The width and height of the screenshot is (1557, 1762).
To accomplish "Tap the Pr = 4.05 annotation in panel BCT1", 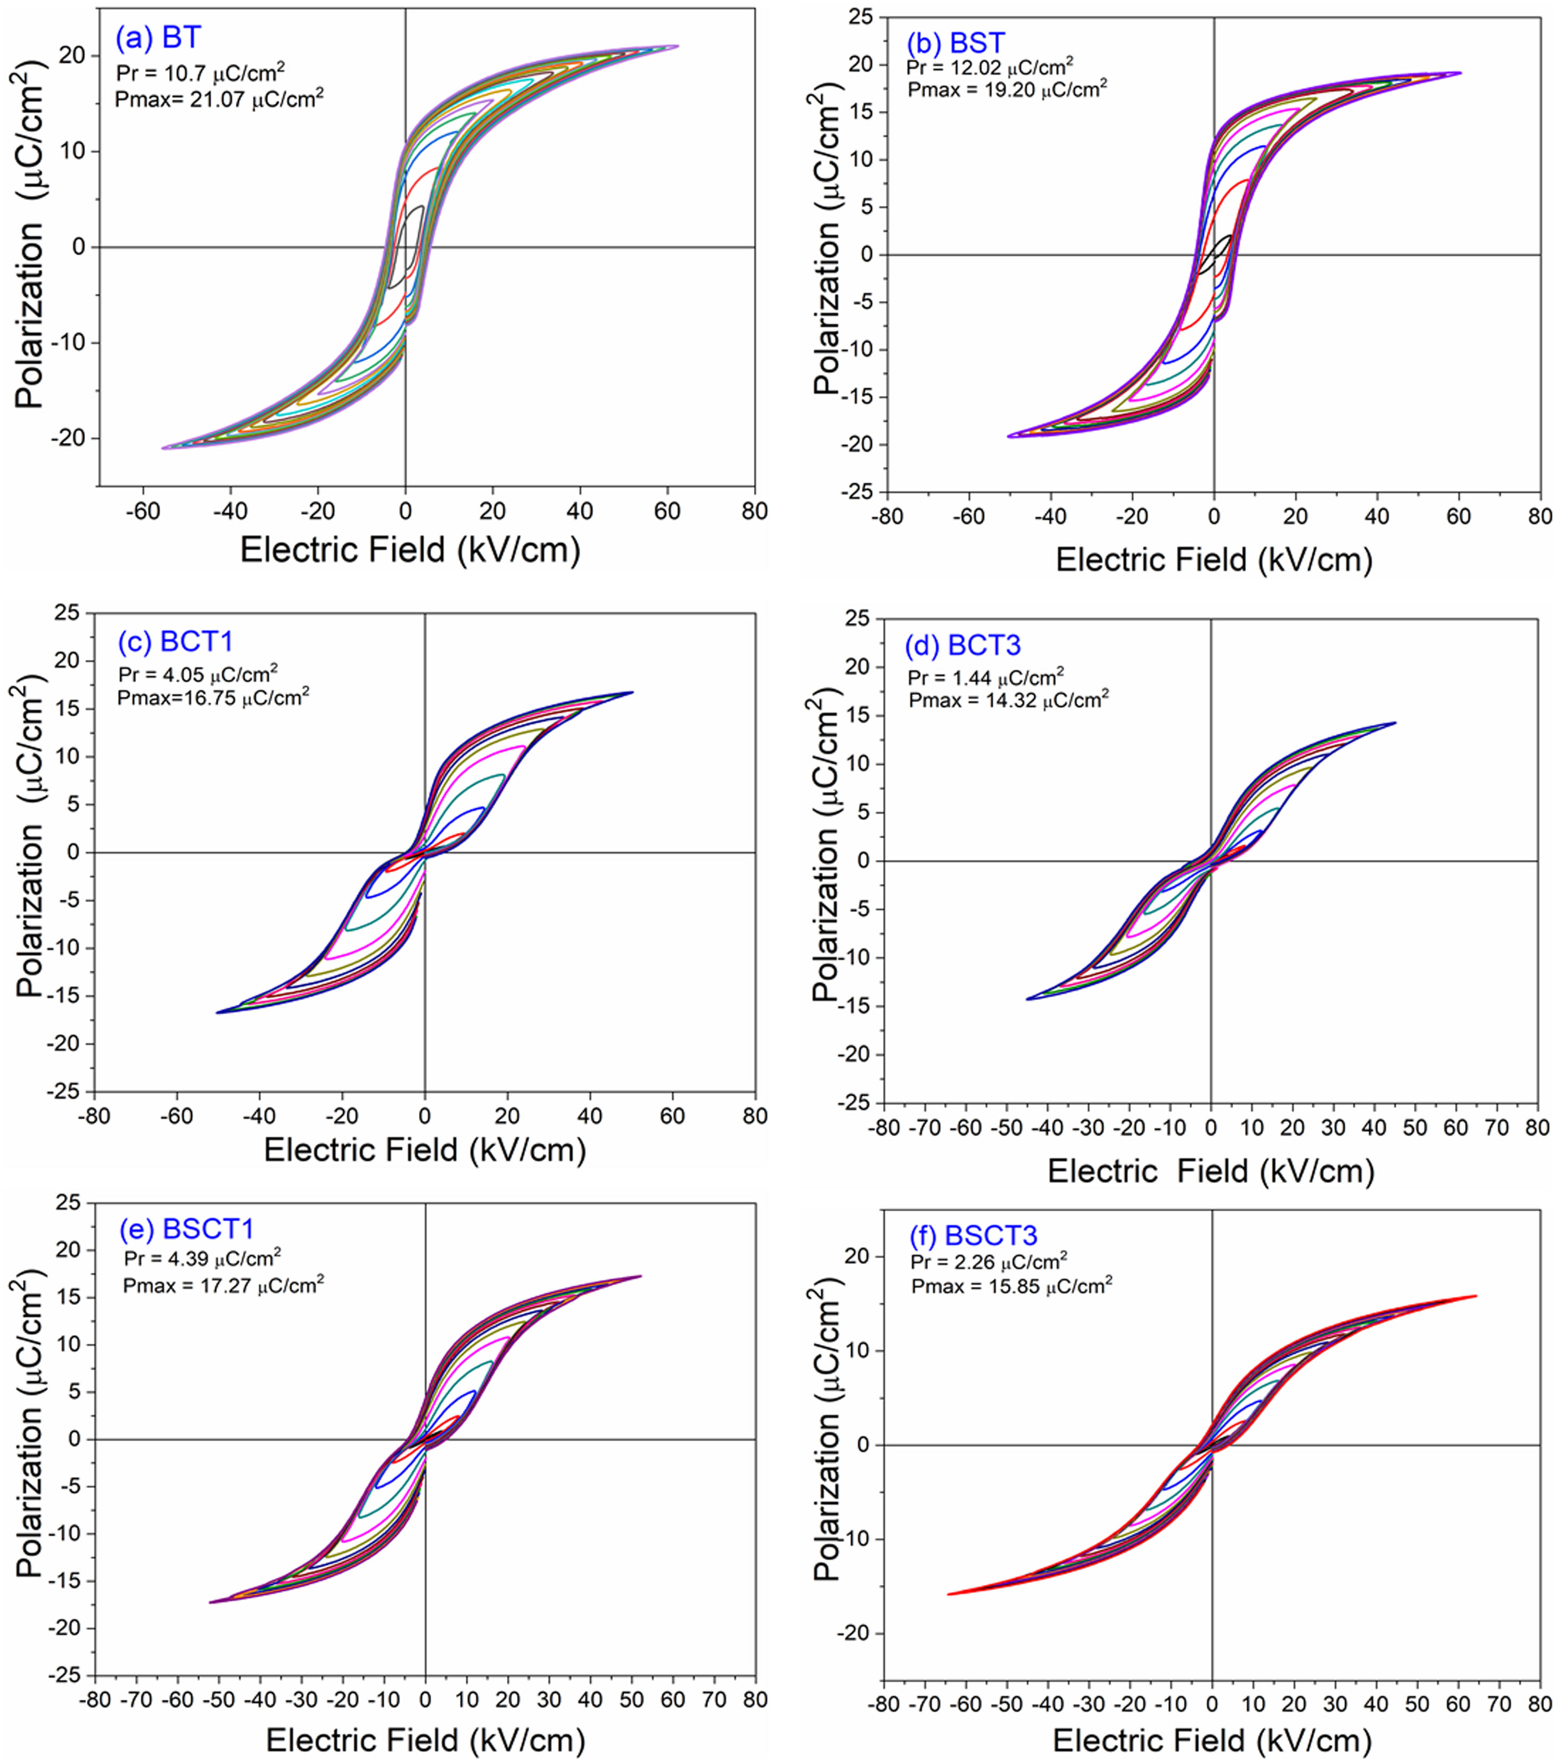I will click(199, 674).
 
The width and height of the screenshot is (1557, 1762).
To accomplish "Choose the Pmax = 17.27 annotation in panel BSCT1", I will click(223, 1286).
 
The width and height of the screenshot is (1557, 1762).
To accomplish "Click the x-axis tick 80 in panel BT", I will click(754, 511).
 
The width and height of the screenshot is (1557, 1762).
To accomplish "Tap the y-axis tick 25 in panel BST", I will click(860, 17).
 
